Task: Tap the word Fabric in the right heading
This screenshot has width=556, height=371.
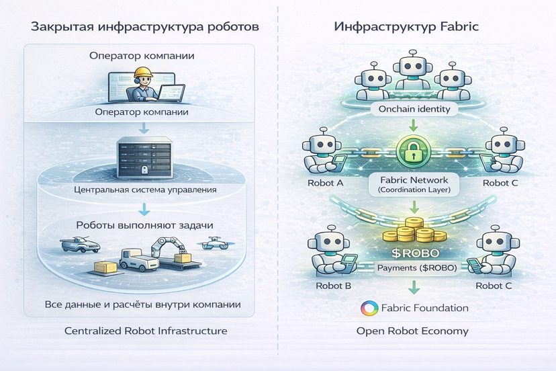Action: pos(460,28)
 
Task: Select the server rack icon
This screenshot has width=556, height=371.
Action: pos(143,157)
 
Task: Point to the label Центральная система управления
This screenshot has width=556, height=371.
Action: pos(145,190)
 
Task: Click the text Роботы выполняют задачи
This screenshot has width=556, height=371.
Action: pos(145,224)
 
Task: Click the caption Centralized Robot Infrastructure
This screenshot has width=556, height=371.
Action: pos(146,331)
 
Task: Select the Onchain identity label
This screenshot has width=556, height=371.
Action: pos(414,108)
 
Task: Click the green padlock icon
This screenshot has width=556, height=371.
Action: pos(414,152)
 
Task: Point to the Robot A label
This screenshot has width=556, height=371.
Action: pos(326,183)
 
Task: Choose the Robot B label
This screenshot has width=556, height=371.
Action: pos(333,285)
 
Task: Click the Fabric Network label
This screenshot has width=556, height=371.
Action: pos(414,180)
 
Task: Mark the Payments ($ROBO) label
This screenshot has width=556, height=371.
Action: pos(417,267)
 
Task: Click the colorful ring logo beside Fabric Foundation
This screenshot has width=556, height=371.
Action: pos(369,308)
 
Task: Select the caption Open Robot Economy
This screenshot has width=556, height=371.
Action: pos(412,331)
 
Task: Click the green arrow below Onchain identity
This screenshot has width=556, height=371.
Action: pos(414,125)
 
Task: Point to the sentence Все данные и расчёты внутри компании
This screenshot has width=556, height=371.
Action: pos(142,304)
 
